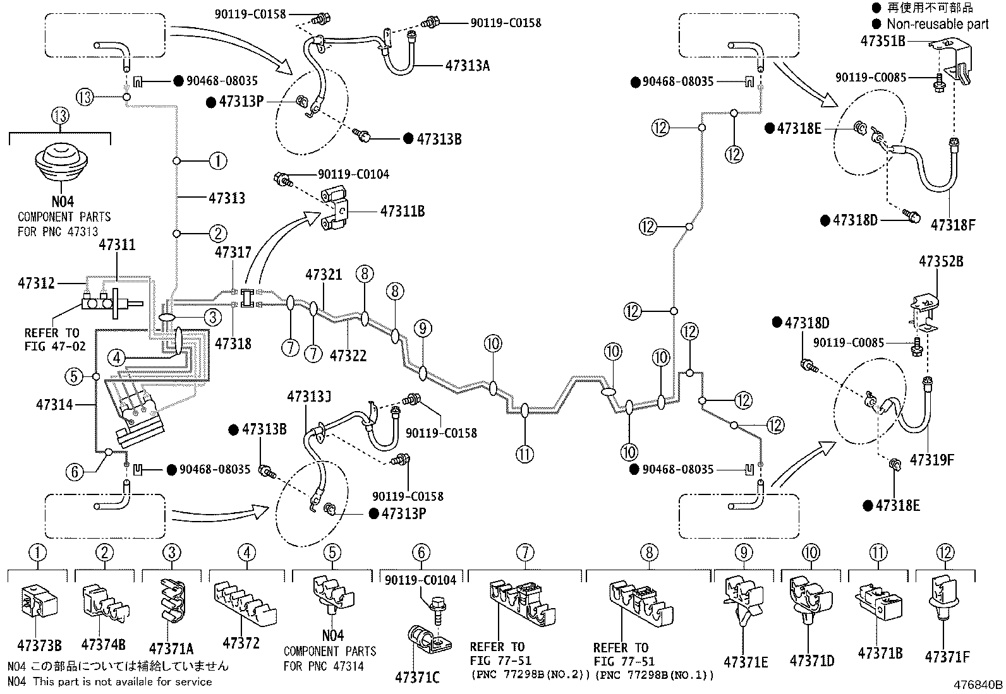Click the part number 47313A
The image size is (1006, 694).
467,66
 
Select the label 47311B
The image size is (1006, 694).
403,211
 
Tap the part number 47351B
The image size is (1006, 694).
883,41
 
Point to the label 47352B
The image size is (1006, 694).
941,261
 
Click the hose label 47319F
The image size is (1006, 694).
932,460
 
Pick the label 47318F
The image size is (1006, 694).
953,224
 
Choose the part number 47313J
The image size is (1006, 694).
309,397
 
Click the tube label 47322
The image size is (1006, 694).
348,356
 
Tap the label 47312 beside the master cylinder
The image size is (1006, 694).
37,284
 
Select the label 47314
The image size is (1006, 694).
54,405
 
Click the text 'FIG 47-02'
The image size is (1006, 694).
55,346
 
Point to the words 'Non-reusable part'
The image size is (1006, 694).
938,24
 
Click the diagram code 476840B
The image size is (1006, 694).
978,685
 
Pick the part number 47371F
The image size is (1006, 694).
947,657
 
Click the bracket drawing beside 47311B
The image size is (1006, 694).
335,210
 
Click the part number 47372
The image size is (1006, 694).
241,643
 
